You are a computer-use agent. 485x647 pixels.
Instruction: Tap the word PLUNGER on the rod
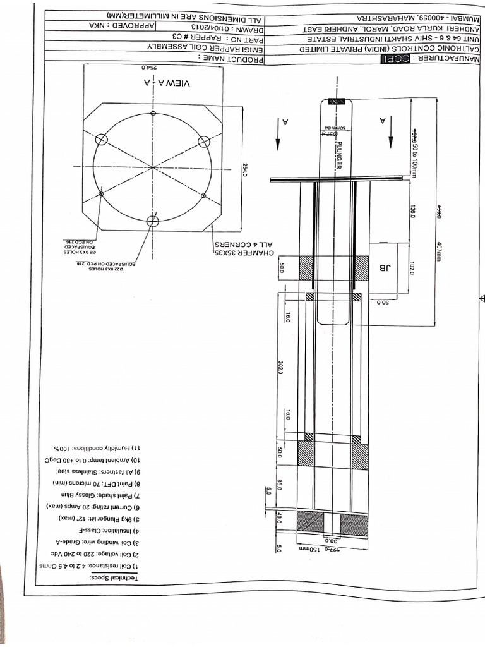coord(339,154)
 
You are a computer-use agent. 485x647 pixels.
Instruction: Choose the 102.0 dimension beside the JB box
coord(412,268)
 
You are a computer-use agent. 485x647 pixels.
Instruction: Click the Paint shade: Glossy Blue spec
coord(111,494)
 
